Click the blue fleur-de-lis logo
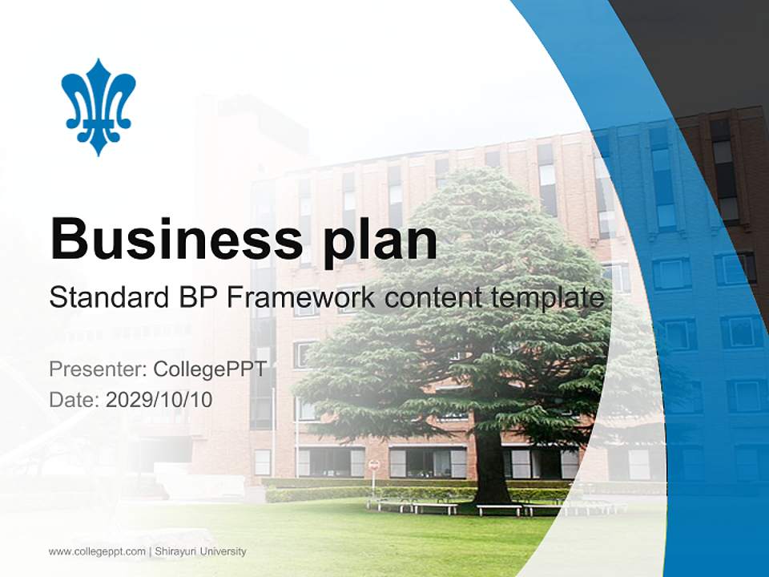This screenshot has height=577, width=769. pyautogui.click(x=99, y=106)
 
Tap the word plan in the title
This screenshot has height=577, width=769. pyautogui.click(x=380, y=239)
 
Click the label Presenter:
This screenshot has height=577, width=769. pyautogui.click(x=98, y=369)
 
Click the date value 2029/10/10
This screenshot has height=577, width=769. pyautogui.click(x=159, y=399)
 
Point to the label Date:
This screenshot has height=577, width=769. pyautogui.click(x=74, y=399)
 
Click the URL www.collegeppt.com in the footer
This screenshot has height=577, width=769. pyautogui.click(x=97, y=551)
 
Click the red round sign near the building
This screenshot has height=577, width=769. pyautogui.click(x=374, y=465)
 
